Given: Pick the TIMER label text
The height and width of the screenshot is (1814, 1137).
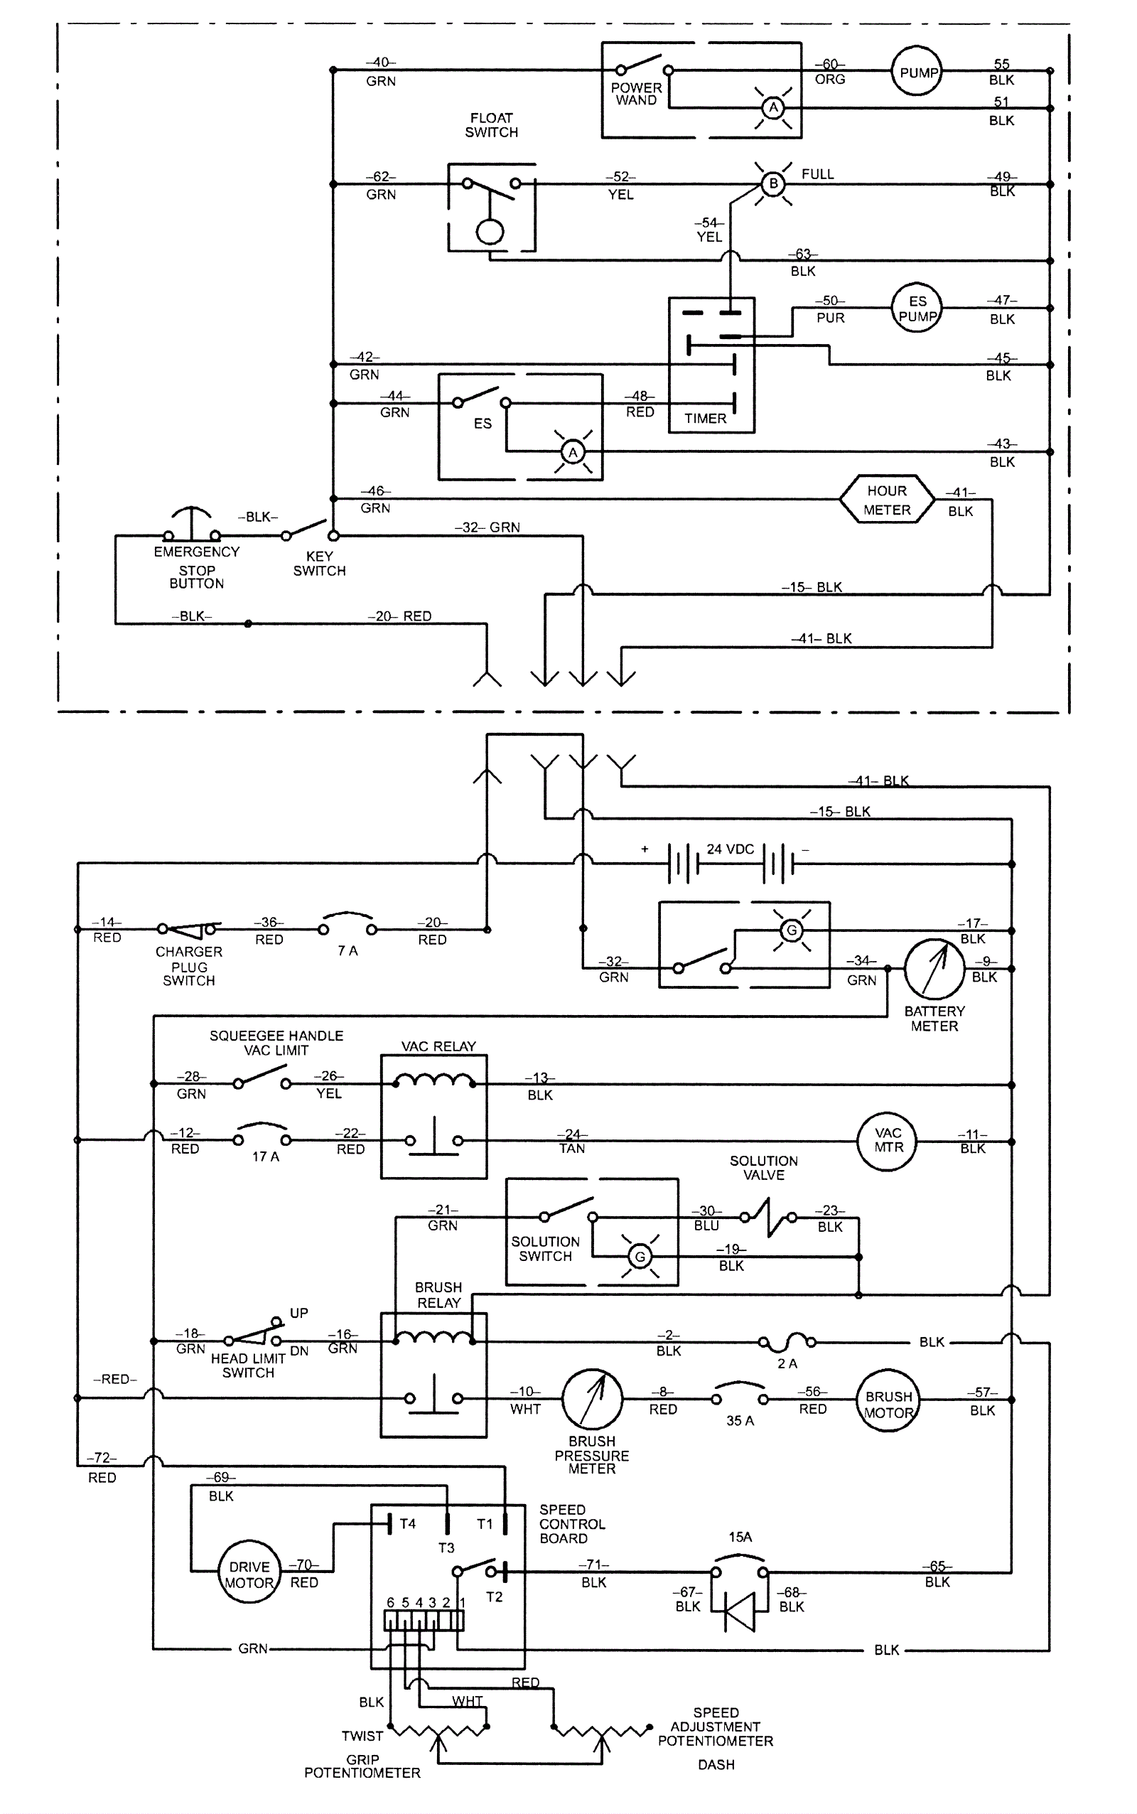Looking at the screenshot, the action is coord(706,419).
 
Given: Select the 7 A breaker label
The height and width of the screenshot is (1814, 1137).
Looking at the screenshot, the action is coord(347,950).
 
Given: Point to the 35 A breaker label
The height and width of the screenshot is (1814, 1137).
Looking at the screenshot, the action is coord(740,1421).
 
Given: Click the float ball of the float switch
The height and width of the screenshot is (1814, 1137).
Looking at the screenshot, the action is coord(490,231).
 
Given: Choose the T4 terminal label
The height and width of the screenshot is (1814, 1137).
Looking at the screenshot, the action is coord(408,1524).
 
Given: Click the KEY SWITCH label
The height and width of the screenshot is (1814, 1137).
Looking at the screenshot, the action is coord(320,563).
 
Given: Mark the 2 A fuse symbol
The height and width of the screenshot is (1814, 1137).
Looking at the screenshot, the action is coord(787,1342).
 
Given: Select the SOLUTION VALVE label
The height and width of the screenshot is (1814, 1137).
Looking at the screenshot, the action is coord(764,1168).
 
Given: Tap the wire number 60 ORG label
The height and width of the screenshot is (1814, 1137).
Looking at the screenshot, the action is coord(830,72).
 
